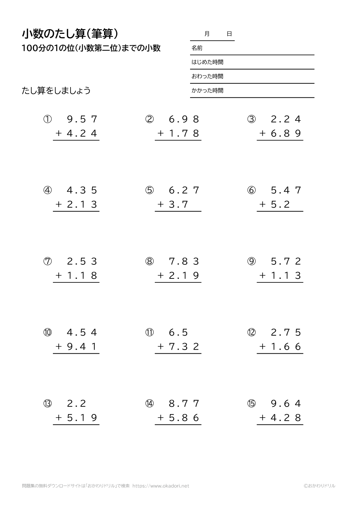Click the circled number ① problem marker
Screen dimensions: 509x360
click(48, 119)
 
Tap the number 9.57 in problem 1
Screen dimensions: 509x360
click(82, 119)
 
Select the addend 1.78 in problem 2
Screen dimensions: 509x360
click(184, 133)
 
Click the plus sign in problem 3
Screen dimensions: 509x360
click(262, 133)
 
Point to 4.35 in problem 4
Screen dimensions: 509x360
click(82, 190)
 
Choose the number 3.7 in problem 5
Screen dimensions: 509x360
click(179, 204)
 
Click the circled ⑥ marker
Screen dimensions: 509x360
click(251, 190)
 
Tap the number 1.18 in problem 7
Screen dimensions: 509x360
click(82, 276)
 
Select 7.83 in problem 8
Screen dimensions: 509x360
click(184, 261)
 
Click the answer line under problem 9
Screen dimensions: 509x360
click(280, 282)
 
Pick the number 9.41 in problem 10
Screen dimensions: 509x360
click(82, 346)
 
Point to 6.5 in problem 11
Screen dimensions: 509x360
click(179, 332)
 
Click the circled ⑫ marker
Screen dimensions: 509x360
click(251, 332)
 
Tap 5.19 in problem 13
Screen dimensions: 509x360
click(82, 418)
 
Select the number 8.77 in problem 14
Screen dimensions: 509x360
click(184, 403)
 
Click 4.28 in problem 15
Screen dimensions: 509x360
click(286, 418)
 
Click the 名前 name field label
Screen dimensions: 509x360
click(197, 48)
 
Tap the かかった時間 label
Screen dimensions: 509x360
click(207, 91)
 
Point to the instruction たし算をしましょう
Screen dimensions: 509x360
click(56, 91)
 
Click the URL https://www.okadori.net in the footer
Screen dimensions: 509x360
click(161, 486)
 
